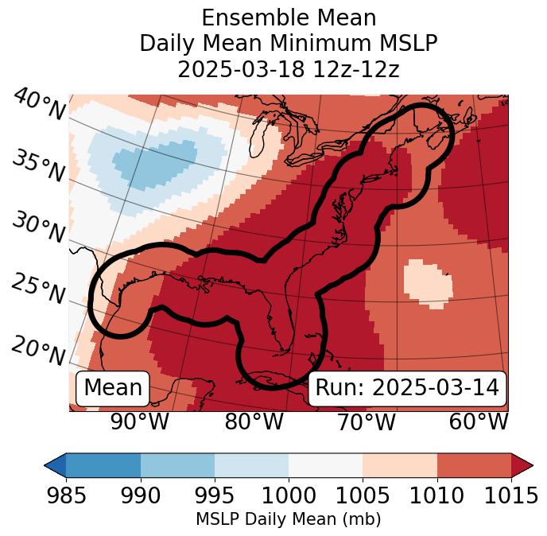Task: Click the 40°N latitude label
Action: click(38, 106)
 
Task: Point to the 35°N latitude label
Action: click(38, 166)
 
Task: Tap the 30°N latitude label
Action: click(38, 228)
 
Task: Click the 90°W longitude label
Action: click(140, 422)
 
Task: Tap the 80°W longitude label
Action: click(254, 422)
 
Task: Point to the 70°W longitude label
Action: click(367, 422)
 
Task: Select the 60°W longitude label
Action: click(479, 422)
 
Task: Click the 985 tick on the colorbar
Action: click(67, 495)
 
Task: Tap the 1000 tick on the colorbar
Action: click(289, 495)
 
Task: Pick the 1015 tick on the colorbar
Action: click(510, 495)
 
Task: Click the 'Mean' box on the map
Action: click(113, 388)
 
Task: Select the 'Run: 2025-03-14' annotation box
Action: click(406, 388)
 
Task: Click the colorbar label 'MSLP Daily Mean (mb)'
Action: click(288, 519)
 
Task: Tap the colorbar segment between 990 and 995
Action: click(177, 465)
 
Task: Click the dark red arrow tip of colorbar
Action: click(522, 465)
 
